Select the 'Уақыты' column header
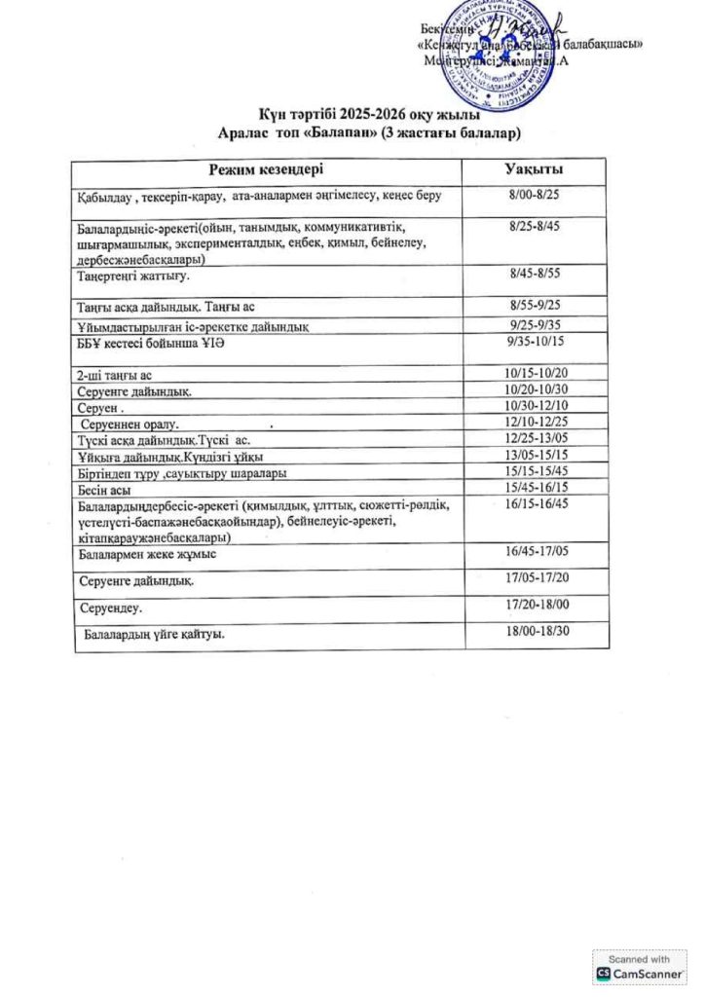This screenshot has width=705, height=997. coord(534,170)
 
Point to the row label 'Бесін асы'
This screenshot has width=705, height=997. coord(104,490)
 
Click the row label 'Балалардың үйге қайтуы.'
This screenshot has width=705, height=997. coord(155,635)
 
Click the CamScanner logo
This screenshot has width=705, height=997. coord(640,972)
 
